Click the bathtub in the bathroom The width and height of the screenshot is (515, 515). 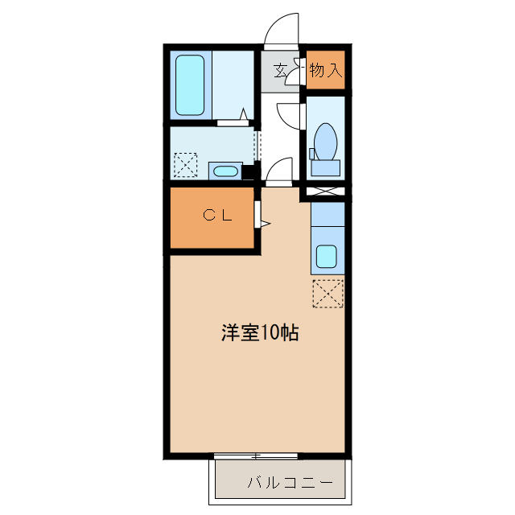coord(190,84)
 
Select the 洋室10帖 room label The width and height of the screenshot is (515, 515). coord(259,332)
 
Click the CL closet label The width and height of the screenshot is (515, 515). coord(216,215)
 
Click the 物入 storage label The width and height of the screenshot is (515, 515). coord(325,71)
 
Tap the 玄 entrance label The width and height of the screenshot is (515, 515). coord(280,71)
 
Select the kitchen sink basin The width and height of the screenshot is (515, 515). coord(327,257)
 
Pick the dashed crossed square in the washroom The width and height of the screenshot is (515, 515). coord(185,166)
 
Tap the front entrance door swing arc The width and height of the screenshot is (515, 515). coord(282,28)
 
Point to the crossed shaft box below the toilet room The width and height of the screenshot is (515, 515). coord(326,193)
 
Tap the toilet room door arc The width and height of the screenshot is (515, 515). coord(288,115)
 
